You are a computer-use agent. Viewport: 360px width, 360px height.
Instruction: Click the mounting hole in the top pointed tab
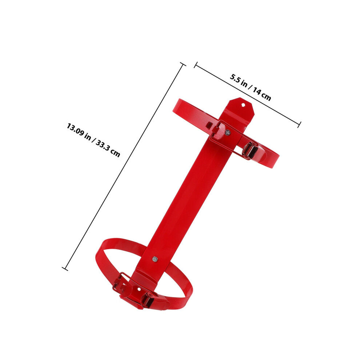(243, 105)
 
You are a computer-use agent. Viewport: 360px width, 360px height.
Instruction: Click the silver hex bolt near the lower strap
(155, 259)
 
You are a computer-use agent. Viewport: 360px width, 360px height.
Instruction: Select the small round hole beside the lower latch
(139, 289)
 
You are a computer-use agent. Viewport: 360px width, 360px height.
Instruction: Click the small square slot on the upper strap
(209, 125)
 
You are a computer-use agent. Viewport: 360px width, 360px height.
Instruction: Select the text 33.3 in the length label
(102, 145)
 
